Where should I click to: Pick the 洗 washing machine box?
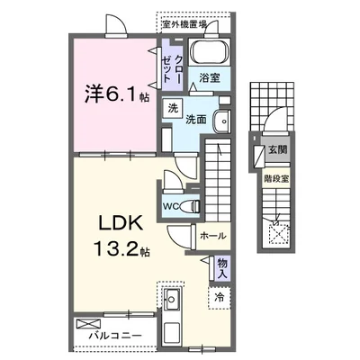tap(170, 108)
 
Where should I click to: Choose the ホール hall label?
tap(212, 236)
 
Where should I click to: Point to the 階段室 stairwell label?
tap(275, 179)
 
